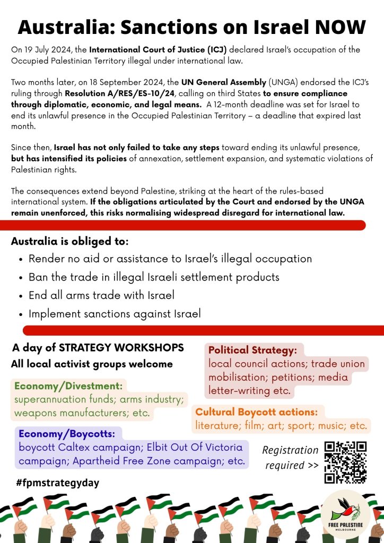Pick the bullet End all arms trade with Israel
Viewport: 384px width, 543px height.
[101, 295]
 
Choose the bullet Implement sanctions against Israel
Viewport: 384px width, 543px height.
[115, 313]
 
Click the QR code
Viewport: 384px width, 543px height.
[345, 462]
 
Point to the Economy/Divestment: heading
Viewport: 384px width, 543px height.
[68, 386]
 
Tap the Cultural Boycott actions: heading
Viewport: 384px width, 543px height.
[256, 411]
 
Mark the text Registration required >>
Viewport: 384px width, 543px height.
[291, 458]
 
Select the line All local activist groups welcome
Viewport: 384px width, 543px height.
[92, 364]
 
